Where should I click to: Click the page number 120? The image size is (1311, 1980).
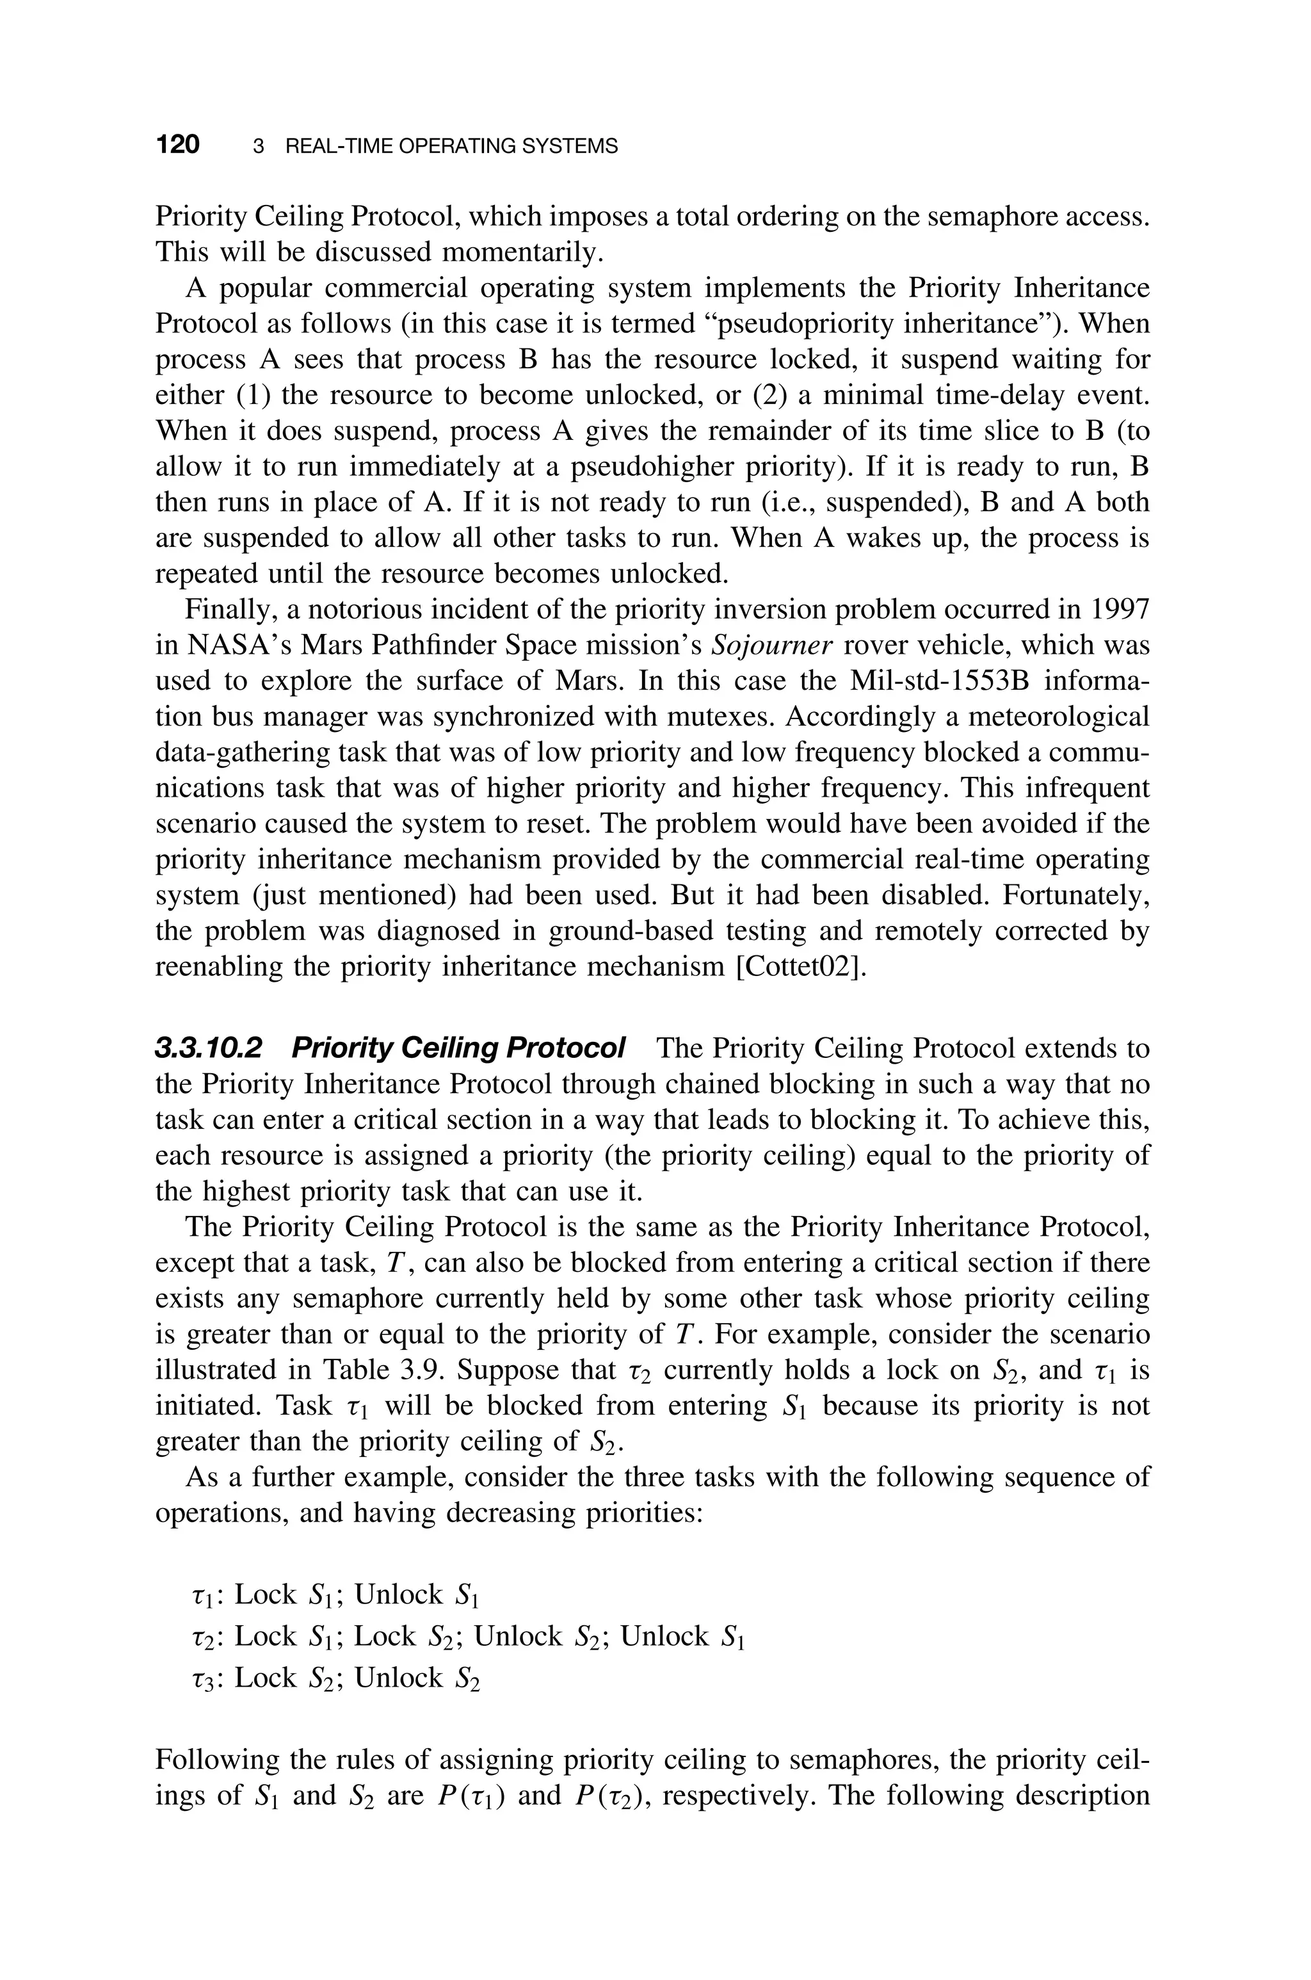(177, 145)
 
